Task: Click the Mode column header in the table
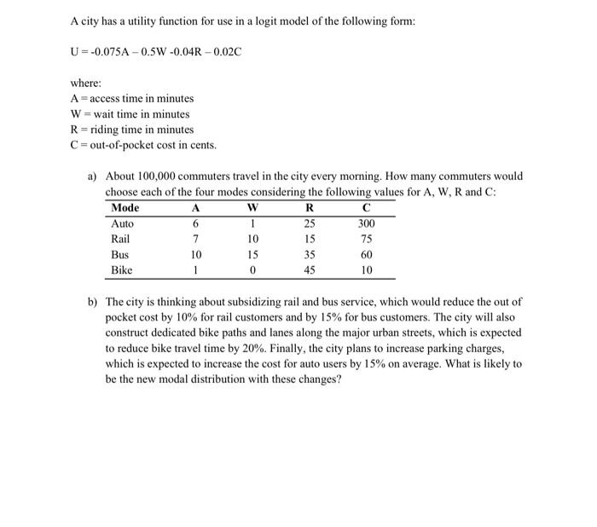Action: pyautogui.click(x=125, y=208)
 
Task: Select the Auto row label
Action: pyautogui.click(x=123, y=223)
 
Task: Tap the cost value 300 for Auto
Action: pyautogui.click(x=366, y=223)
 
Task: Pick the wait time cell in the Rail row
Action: pyautogui.click(x=253, y=239)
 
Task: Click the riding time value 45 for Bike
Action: pyautogui.click(x=310, y=270)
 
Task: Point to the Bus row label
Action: pyautogui.click(x=120, y=255)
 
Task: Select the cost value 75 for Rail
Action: pyautogui.click(x=366, y=239)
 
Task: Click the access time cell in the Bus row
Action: pyautogui.click(x=195, y=255)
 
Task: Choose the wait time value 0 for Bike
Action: pyautogui.click(x=253, y=270)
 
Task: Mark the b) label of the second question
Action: pyautogui.click(x=93, y=302)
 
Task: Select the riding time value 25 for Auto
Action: pyautogui.click(x=310, y=223)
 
